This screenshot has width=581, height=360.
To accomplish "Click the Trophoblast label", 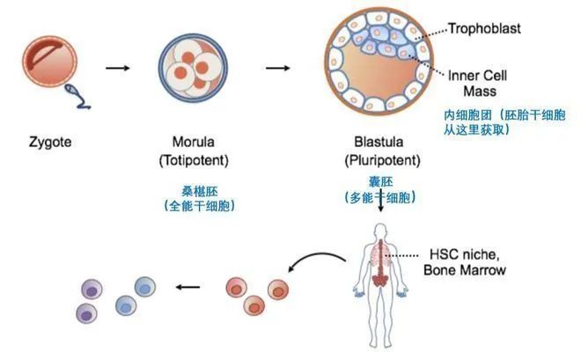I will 484,29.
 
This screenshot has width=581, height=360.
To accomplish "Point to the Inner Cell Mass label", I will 478,83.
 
